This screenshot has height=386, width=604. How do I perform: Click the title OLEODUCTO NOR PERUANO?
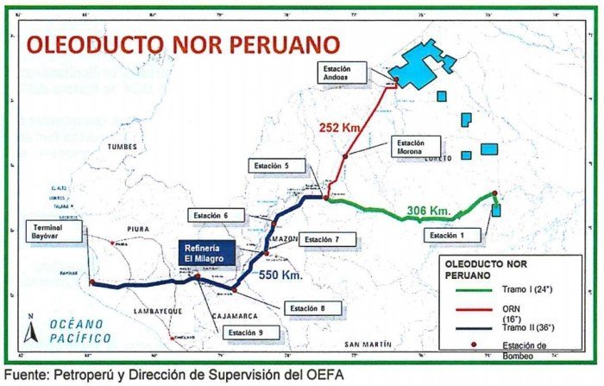(183, 45)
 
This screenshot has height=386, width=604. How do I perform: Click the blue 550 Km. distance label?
(283, 275)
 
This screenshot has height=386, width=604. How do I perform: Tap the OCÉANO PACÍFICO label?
(80, 331)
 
